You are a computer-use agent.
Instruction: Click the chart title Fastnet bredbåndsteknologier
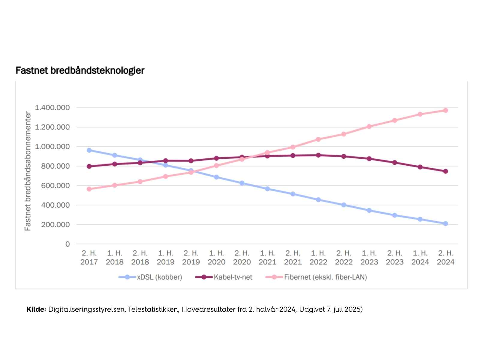pyautogui.click(x=80, y=70)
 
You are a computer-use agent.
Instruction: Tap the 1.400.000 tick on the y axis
pyautogui.click(x=52, y=107)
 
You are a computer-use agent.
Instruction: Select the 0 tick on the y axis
pyautogui.click(x=67, y=244)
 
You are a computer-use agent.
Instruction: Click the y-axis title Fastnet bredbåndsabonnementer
pyautogui.click(x=28, y=171)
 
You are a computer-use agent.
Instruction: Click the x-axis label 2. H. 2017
pyautogui.click(x=89, y=257)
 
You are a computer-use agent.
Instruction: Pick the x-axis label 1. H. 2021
pyautogui.click(x=267, y=257)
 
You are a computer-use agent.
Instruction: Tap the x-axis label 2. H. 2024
pyautogui.click(x=445, y=257)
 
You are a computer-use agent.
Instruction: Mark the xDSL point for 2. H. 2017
pyautogui.click(x=89, y=150)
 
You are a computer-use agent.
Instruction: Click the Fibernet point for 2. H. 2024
pyautogui.click(x=445, y=110)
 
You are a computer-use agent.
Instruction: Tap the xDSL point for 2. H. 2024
pyautogui.click(x=445, y=223)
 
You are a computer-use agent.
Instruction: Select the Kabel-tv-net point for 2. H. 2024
pyautogui.click(x=445, y=171)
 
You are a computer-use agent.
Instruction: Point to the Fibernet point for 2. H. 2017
pyautogui.click(x=89, y=189)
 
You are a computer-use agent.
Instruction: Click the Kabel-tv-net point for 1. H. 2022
pyautogui.click(x=318, y=155)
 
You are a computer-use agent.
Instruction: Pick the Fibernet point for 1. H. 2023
pyautogui.click(x=369, y=127)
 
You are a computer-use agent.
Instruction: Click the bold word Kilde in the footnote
pyautogui.click(x=36, y=309)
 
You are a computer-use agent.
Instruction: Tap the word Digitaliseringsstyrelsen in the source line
pyautogui.click(x=86, y=309)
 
